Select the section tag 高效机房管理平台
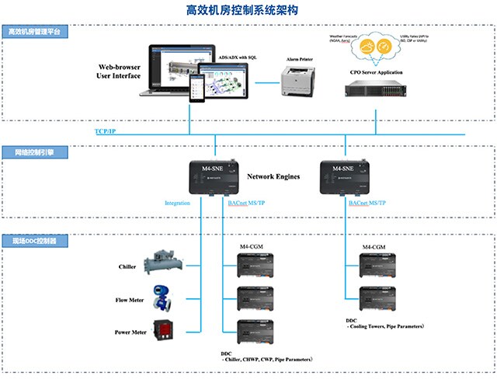(x=34, y=33)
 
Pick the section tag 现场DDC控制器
(x=33, y=242)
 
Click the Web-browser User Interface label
(x=119, y=72)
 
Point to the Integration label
(x=177, y=204)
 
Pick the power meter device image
(x=165, y=329)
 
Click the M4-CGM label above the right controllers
(x=374, y=247)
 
